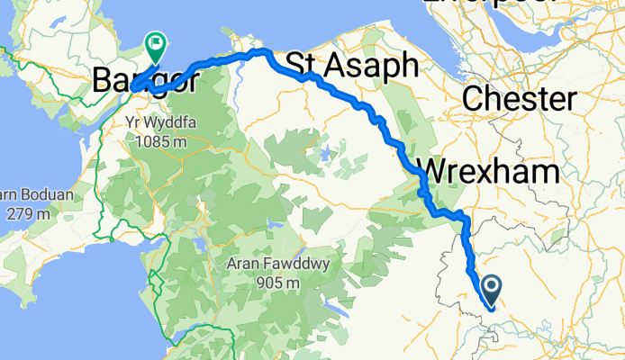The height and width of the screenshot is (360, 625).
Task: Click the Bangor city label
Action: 144,82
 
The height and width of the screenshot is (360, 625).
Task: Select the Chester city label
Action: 519,98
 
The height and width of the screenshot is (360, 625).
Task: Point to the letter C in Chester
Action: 473,98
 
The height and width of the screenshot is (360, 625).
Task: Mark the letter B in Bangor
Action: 102,82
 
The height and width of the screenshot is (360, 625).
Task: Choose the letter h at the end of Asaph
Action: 408,65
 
